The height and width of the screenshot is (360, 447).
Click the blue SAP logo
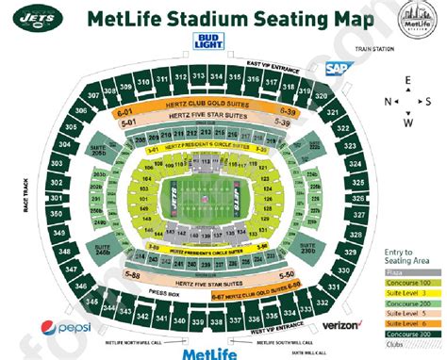[x=337, y=69]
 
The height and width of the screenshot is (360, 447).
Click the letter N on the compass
[x=387, y=101]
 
